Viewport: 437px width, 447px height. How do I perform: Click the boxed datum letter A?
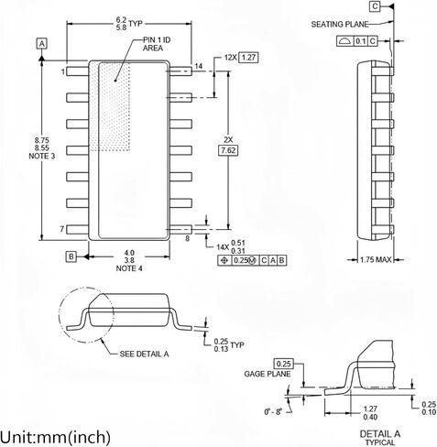pos(42,44)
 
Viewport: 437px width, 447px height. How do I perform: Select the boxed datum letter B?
pos(71,256)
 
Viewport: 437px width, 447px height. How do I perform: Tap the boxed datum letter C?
pos(375,6)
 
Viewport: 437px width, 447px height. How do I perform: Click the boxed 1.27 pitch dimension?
pos(248,58)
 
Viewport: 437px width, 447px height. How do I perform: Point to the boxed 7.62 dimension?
pos(228,150)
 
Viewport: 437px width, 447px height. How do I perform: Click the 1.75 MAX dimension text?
pos(376,259)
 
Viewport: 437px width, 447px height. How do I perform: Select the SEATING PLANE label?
pos(340,24)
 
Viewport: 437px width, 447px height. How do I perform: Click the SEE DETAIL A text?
pos(144,354)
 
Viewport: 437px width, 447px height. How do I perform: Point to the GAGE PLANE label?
pos(268,374)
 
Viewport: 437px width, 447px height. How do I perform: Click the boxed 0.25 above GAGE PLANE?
pos(284,364)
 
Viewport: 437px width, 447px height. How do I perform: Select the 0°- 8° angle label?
pos(273,411)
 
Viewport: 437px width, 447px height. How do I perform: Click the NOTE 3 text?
pos(42,156)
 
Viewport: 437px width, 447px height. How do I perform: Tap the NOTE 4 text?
pos(129,268)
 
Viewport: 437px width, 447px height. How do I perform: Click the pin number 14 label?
pos(199,66)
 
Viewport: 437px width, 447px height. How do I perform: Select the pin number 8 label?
pos(188,238)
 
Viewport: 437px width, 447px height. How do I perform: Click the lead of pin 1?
pos(77,71)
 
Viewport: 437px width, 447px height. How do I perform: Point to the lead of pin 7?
pos(77,230)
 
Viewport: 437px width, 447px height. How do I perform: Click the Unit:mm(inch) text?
pos(55,437)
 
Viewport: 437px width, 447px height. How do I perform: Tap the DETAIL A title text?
pos(380,433)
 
